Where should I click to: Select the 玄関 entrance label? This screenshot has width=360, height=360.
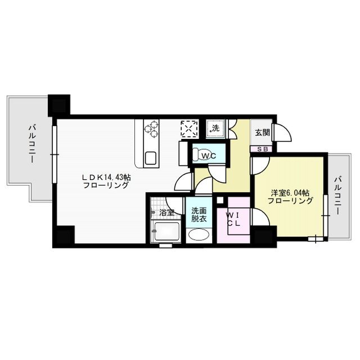[x=262, y=133]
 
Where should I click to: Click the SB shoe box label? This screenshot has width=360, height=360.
[x=262, y=149]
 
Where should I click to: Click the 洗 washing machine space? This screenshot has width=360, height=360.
[x=215, y=129]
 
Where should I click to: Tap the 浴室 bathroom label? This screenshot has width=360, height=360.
[x=166, y=213]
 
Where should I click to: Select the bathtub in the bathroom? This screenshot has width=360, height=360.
[x=166, y=231]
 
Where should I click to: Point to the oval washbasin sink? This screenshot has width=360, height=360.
[x=198, y=235]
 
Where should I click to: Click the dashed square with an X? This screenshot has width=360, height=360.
[x=189, y=129]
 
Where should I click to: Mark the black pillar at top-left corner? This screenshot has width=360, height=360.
[x=58, y=105]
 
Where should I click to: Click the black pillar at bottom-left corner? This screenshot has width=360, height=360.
[x=64, y=236]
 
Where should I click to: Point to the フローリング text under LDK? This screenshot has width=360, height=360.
[x=106, y=185]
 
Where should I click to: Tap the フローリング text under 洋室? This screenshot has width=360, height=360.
[x=290, y=201]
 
